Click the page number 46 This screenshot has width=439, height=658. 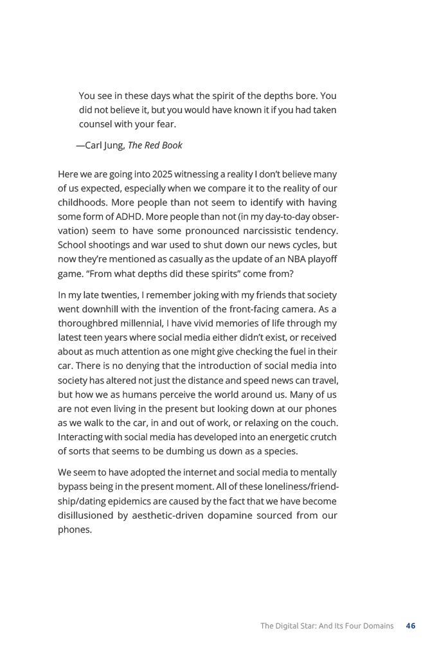(x=411, y=625)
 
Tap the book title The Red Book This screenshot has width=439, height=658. (x=155, y=145)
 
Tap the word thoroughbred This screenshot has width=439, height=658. (x=88, y=323)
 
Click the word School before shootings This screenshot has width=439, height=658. (x=73, y=245)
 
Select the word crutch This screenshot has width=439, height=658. (x=322, y=436)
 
